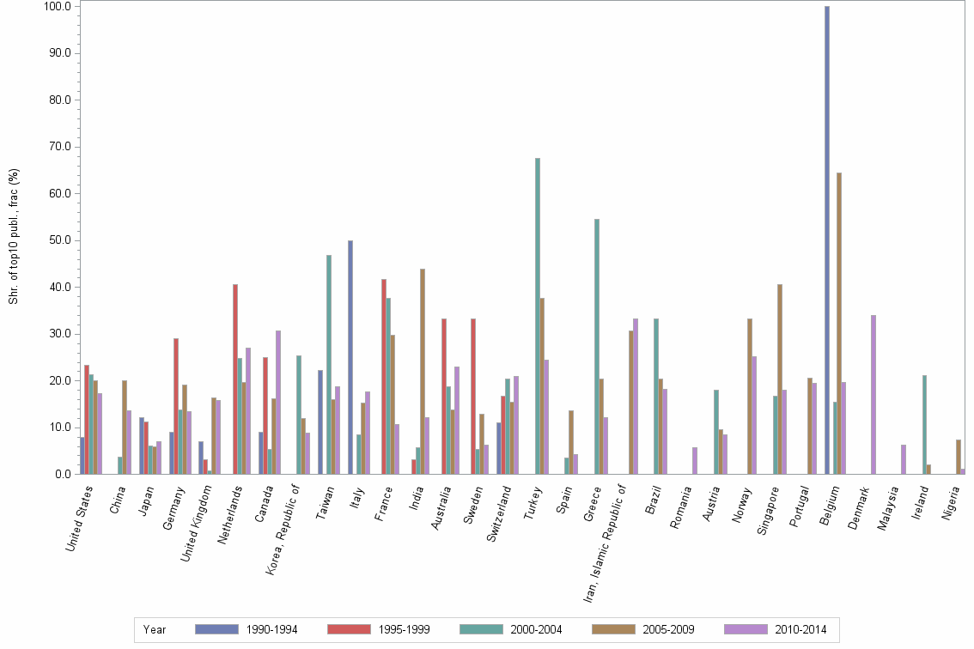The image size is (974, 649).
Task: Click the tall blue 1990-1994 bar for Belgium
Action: pos(827,240)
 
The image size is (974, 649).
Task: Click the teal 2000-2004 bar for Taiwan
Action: pos(329,364)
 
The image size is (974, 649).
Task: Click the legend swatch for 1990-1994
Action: pos(216,629)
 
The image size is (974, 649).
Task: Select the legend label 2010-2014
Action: pos(801,629)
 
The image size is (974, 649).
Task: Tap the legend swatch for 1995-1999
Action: pos(349,629)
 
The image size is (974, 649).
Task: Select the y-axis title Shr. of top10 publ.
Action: pos(14,236)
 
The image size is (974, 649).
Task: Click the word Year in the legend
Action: pos(155,629)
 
